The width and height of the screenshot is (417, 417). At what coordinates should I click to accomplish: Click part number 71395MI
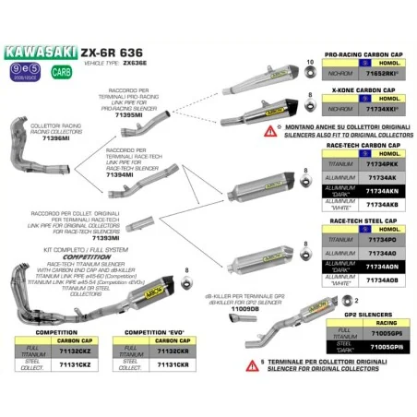click(x=137, y=120)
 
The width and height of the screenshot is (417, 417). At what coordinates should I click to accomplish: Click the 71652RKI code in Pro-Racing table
click(x=382, y=70)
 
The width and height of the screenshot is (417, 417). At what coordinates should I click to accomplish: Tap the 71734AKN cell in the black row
click(x=382, y=192)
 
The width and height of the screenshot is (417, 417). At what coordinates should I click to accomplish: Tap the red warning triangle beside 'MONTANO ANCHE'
click(x=268, y=132)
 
